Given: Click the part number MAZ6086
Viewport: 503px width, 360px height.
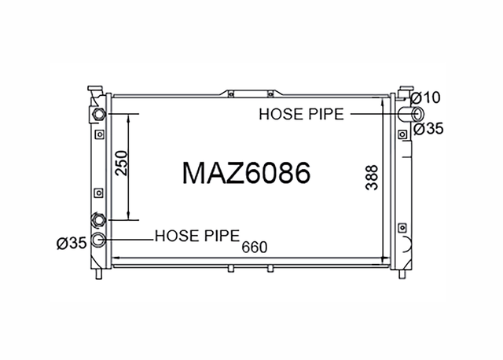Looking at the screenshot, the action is (246, 173).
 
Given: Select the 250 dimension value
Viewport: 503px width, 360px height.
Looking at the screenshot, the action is (122, 163).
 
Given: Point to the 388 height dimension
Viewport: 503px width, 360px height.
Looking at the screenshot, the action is (372, 178).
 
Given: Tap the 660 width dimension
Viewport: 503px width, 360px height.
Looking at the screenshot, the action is (255, 247).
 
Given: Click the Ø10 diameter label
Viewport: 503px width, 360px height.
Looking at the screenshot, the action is (425, 98).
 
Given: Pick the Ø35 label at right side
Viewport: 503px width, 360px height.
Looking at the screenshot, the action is (428, 129).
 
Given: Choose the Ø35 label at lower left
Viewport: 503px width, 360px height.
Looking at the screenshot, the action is (72, 243).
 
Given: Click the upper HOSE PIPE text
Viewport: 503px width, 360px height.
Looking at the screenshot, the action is (301, 114).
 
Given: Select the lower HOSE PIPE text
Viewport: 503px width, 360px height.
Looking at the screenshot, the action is (197, 236).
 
